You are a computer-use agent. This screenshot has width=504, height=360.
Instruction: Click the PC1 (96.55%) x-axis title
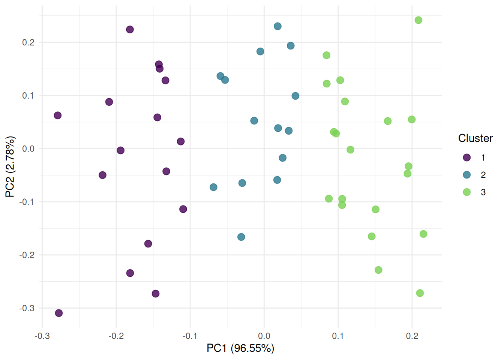tap(240, 348)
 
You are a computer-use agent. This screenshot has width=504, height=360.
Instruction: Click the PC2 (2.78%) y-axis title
tap(10, 166)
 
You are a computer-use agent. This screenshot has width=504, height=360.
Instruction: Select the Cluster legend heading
tap(475, 138)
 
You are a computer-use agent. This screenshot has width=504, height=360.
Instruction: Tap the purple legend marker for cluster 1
tap(466, 157)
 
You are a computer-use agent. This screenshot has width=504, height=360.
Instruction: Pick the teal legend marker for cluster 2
tap(466, 175)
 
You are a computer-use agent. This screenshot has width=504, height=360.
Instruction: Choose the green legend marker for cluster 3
tap(466, 192)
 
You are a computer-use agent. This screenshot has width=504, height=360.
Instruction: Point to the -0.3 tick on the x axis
tap(42, 336)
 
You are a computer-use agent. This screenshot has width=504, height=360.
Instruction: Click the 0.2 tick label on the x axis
tap(412, 336)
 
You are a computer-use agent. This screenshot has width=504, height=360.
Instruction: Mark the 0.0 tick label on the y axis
tap(28, 149)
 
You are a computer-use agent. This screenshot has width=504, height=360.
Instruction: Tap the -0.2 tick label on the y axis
tap(27, 255)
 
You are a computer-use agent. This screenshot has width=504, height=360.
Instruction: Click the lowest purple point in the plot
tap(59, 313)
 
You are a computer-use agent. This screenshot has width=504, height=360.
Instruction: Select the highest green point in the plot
tap(418, 20)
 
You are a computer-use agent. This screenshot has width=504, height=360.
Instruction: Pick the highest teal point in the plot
tap(277, 26)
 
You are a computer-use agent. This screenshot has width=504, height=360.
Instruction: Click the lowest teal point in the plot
tap(241, 237)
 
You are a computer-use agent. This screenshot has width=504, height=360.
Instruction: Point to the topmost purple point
tap(130, 30)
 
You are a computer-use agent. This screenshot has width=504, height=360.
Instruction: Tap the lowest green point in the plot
tap(420, 293)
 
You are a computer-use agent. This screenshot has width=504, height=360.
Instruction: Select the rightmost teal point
tap(295, 96)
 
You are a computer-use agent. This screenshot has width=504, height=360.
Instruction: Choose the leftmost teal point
tap(213, 187)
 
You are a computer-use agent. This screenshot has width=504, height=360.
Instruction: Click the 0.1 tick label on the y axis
tap(28, 96)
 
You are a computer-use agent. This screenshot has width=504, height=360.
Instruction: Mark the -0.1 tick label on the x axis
tap(190, 336)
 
